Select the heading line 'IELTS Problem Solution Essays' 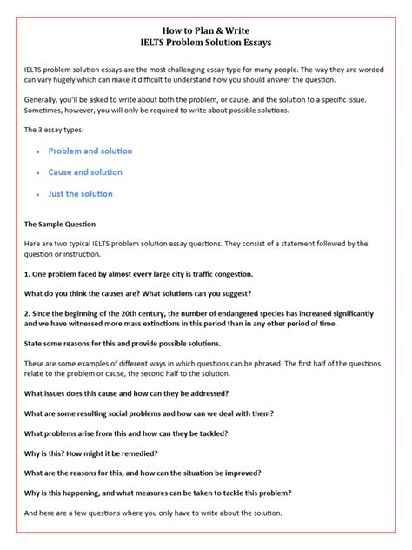point(206,41)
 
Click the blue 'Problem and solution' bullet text point(90,151)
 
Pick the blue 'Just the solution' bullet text point(81,193)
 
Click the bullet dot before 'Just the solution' point(38,194)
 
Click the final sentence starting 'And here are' point(160,513)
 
